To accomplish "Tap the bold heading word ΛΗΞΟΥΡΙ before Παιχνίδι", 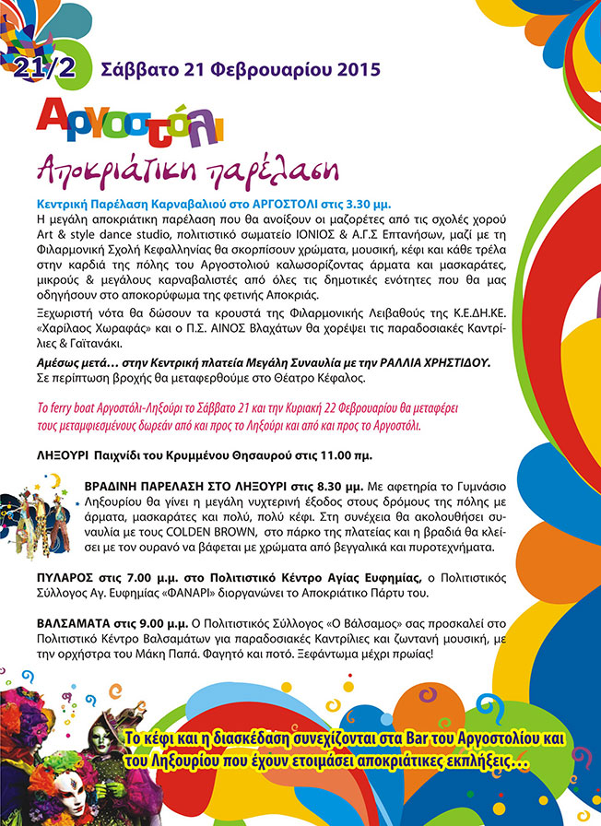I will click(65, 455).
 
